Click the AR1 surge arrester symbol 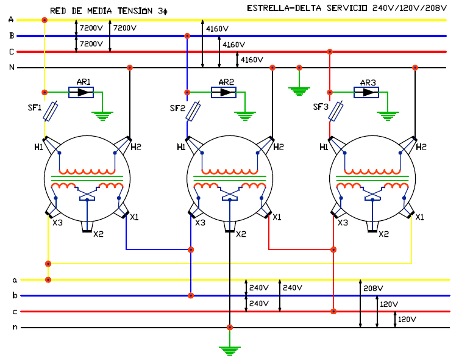coord(81,92)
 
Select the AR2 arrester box coord(224,92)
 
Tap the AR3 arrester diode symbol coord(366,92)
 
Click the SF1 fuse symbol coord(51,111)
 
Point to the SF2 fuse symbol coord(193,111)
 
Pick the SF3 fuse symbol coord(336,111)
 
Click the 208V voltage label coord(373,289)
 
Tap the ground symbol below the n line coord(230,351)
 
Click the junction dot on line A coord(44,20)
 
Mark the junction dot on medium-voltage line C coord(330,52)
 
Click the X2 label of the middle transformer coord(241,234)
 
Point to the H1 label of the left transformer coord(38,147)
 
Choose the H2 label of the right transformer coord(421,147)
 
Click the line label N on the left coord(12,67)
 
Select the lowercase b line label coord(15,295)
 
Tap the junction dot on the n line coord(230,327)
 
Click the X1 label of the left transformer coord(134,217)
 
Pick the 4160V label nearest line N coord(252,60)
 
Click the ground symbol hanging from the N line coord(299,91)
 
